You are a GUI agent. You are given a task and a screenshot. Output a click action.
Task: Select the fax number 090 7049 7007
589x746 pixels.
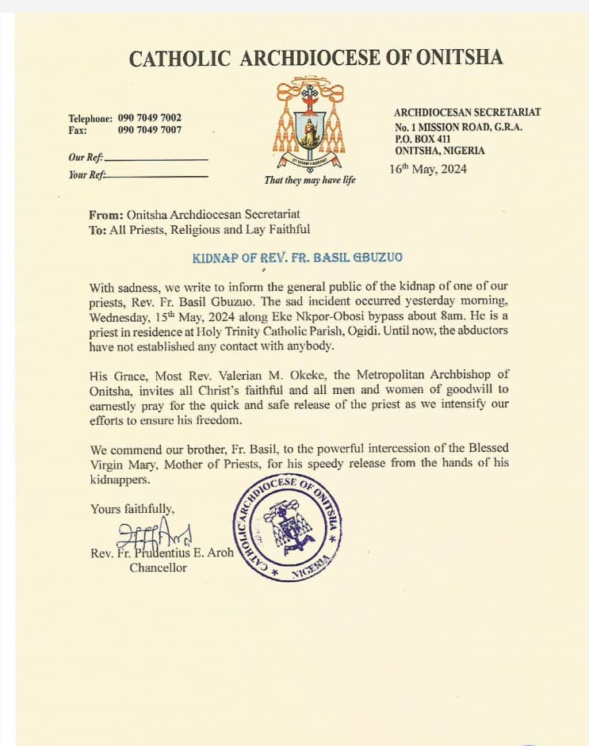(x=150, y=130)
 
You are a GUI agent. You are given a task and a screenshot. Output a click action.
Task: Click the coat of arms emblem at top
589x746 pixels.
(x=308, y=119)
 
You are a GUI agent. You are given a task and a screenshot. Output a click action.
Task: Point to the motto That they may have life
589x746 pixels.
(x=310, y=180)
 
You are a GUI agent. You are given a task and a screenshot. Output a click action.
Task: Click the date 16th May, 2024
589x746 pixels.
(x=428, y=169)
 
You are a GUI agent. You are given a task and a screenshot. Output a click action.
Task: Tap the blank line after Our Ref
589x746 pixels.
(x=156, y=159)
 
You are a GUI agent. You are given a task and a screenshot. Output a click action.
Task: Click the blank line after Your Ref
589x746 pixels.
(x=157, y=176)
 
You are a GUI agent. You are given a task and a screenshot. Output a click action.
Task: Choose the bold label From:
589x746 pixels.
(x=107, y=214)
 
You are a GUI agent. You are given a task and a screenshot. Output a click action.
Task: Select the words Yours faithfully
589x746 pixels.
(x=132, y=510)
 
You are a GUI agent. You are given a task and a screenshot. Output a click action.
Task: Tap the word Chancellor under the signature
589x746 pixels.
(x=159, y=568)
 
